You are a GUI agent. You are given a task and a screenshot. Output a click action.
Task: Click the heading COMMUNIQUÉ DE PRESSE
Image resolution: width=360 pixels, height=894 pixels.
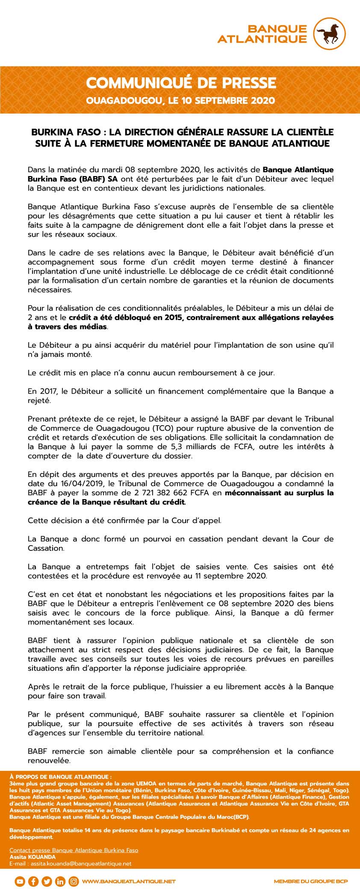[181, 83]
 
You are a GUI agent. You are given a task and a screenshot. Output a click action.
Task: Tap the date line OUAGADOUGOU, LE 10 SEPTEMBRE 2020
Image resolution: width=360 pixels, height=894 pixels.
[180, 101]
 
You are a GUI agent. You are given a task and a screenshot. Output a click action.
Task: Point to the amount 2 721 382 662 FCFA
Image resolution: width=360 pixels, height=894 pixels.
[175, 493]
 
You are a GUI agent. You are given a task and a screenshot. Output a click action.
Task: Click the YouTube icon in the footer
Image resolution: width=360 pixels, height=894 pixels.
[19, 881]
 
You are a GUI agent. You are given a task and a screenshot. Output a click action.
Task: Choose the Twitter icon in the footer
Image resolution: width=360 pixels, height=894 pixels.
[47, 881]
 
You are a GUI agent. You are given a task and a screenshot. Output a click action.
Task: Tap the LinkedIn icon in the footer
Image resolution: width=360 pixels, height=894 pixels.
[60, 881]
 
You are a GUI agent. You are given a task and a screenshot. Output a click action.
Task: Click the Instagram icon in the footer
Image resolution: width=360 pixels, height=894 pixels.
[74, 881]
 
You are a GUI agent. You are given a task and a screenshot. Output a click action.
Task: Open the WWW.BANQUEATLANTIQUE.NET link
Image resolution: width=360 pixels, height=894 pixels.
[129, 882]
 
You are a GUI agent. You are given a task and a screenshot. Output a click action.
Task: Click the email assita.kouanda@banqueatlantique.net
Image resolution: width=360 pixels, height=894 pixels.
[70, 863]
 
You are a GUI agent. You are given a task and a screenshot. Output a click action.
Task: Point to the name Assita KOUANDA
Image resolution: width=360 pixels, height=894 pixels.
[32, 857]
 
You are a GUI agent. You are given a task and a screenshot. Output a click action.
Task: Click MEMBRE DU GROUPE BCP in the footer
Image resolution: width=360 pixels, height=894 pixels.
[311, 882]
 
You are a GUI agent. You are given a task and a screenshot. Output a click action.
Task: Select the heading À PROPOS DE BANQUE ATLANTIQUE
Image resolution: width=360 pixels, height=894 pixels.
[61, 776]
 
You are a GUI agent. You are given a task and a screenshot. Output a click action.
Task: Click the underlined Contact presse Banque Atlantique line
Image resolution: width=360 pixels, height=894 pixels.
[74, 850]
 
